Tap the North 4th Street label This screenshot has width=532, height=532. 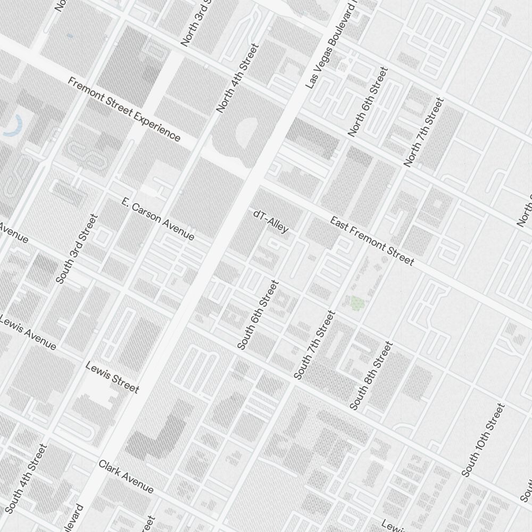click(x=237, y=78)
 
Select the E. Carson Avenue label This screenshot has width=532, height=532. click(x=157, y=219)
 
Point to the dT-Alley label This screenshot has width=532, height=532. click(x=271, y=221)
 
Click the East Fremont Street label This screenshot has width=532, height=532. click(x=371, y=241)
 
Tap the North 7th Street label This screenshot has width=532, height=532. click(x=423, y=132)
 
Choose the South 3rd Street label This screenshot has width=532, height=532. click(x=77, y=248)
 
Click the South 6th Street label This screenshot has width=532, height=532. click(x=257, y=315)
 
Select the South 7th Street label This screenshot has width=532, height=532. click(x=314, y=346)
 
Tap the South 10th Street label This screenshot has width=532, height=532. click(x=483, y=440)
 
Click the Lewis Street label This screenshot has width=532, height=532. click(x=112, y=377)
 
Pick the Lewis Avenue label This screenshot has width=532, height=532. click(x=28, y=333)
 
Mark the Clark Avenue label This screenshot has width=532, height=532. click(x=126, y=477)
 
